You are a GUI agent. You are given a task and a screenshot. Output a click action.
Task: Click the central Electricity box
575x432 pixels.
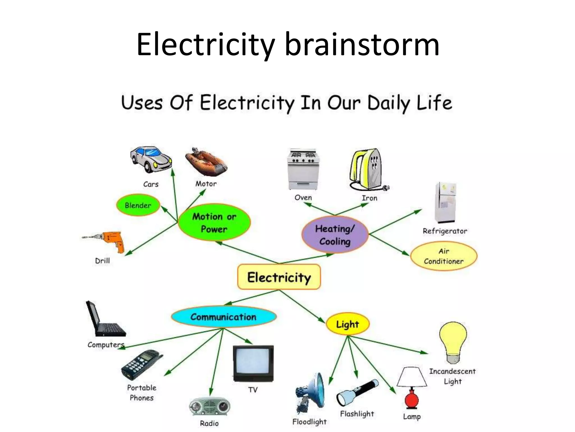pyautogui.click(x=279, y=277)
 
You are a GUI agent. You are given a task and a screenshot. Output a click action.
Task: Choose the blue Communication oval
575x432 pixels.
pyautogui.click(x=223, y=317)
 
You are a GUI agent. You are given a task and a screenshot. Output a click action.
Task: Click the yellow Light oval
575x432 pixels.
pyautogui.click(x=348, y=324)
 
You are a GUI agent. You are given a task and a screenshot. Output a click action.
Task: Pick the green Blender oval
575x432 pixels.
pyautogui.click(x=138, y=205)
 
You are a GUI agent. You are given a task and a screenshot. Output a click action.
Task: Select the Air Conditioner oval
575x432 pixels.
pyautogui.click(x=444, y=256)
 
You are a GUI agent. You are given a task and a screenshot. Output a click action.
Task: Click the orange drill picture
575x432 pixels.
pyautogui.click(x=112, y=241)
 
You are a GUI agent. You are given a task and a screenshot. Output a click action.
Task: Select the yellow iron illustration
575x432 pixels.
pyautogui.click(x=366, y=169)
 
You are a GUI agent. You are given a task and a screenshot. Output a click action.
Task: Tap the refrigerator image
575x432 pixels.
pyautogui.click(x=445, y=202)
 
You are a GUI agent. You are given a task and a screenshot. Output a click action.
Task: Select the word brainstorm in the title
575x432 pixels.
pyautogui.click(x=362, y=45)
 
